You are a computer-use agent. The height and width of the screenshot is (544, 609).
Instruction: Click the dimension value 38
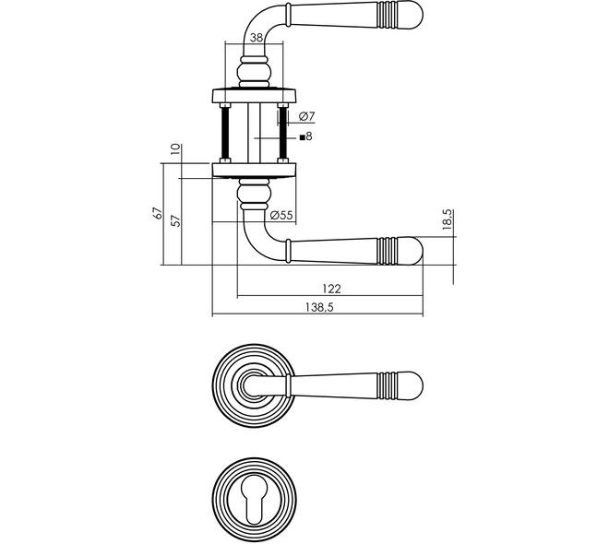click(x=257, y=38)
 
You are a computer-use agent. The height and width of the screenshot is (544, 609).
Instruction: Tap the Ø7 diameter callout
click(x=307, y=116)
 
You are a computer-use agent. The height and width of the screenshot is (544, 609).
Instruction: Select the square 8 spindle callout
click(x=306, y=136)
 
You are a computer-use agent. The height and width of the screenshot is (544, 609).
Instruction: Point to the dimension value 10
click(x=176, y=148)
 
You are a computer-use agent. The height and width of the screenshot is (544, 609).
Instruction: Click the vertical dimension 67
click(x=157, y=213)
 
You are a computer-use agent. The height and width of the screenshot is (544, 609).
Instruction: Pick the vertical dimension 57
click(x=176, y=220)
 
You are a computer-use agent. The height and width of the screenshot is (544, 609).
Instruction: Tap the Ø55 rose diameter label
click(x=281, y=216)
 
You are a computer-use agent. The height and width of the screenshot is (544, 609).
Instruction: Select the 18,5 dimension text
click(x=448, y=220)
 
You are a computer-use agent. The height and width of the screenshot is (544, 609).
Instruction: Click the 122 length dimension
click(x=331, y=289)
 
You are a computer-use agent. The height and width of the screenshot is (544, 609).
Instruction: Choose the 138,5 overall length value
click(x=319, y=307)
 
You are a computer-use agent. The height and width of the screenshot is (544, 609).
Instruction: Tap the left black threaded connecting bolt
click(x=225, y=133)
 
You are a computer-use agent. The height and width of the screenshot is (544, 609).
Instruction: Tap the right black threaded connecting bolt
click(x=282, y=133)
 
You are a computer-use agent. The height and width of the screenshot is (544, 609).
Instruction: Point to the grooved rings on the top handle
click(x=388, y=16)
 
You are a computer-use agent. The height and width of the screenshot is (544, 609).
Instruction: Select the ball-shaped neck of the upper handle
click(x=255, y=72)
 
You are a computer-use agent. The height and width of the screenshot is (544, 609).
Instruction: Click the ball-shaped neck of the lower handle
click(x=255, y=194)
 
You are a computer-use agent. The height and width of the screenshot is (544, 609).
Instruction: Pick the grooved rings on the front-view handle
click(x=388, y=385)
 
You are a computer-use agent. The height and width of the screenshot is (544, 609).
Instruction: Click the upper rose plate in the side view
click(x=255, y=96)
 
